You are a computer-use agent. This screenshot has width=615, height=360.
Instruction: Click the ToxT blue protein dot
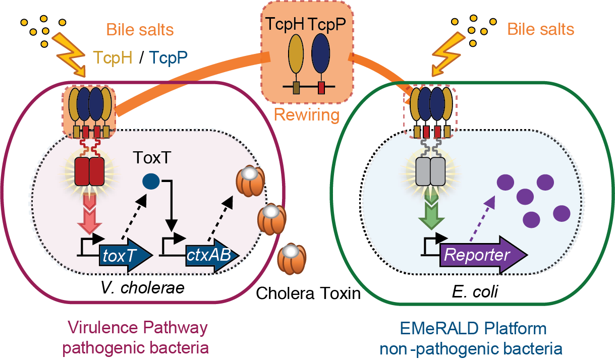coord(150,181)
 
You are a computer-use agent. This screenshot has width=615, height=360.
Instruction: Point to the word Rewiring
coord(306,114)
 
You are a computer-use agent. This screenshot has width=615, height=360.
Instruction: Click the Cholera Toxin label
coord(308,292)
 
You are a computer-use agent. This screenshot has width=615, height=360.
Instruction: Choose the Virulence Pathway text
coord(137,328)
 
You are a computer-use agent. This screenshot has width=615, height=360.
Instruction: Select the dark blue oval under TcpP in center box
coord(321,56)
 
